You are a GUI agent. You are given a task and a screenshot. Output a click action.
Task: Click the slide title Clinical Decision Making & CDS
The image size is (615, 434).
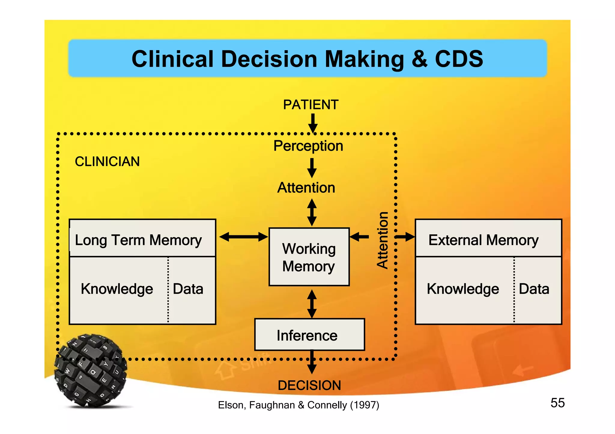coord(307,59)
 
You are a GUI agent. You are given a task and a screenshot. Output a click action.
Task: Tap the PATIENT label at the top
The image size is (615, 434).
coord(311,105)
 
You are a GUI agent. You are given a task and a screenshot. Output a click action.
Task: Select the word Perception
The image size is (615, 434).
coord(308,146)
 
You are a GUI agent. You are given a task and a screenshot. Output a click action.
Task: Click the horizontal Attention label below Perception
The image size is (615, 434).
coord(306,188)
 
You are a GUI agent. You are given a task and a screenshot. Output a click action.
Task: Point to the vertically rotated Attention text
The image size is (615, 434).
coord(383,240)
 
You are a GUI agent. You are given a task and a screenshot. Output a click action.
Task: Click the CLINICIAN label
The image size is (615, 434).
coord(107,162)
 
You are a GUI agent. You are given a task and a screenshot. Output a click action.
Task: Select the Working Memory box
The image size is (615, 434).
coord(309,257)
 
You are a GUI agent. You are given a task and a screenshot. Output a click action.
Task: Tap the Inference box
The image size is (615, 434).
coord(309,335)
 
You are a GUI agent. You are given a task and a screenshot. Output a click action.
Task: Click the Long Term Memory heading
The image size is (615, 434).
coord(138,240)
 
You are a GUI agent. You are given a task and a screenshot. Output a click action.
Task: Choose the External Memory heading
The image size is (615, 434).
coord(483,240)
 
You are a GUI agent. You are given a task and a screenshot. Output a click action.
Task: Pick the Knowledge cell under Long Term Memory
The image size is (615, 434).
coord(117,289)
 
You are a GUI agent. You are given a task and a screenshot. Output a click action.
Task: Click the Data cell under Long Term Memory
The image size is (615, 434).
coord(188,289)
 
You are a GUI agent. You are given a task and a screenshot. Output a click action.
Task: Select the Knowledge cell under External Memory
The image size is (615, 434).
coord(463,289)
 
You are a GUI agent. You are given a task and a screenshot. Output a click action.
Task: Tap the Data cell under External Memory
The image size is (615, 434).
coord(534,289)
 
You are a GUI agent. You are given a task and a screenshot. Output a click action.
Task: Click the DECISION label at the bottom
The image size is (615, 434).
coord(309,385)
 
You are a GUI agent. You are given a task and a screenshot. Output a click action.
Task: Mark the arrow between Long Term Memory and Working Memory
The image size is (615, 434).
coord(243,237)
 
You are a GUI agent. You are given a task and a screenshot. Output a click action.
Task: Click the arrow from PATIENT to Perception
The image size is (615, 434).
coord(313,123)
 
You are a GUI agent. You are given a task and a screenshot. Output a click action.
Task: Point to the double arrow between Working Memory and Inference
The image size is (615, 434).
coord(312,304)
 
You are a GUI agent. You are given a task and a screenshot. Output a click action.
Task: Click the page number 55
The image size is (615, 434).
coord(557,403)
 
